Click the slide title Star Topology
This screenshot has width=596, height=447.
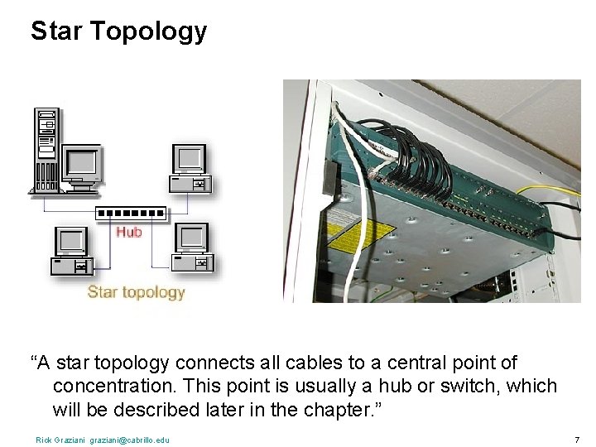(x=118, y=31)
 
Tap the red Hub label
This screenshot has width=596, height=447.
(x=128, y=232)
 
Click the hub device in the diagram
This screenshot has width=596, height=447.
(x=131, y=213)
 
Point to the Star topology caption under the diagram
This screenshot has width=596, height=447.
(x=136, y=291)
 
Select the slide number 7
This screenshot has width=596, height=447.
(x=576, y=439)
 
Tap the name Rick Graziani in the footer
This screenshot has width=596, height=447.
(x=60, y=440)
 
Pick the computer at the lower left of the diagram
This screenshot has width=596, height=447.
(x=71, y=251)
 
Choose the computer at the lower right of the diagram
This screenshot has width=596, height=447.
(x=193, y=248)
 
